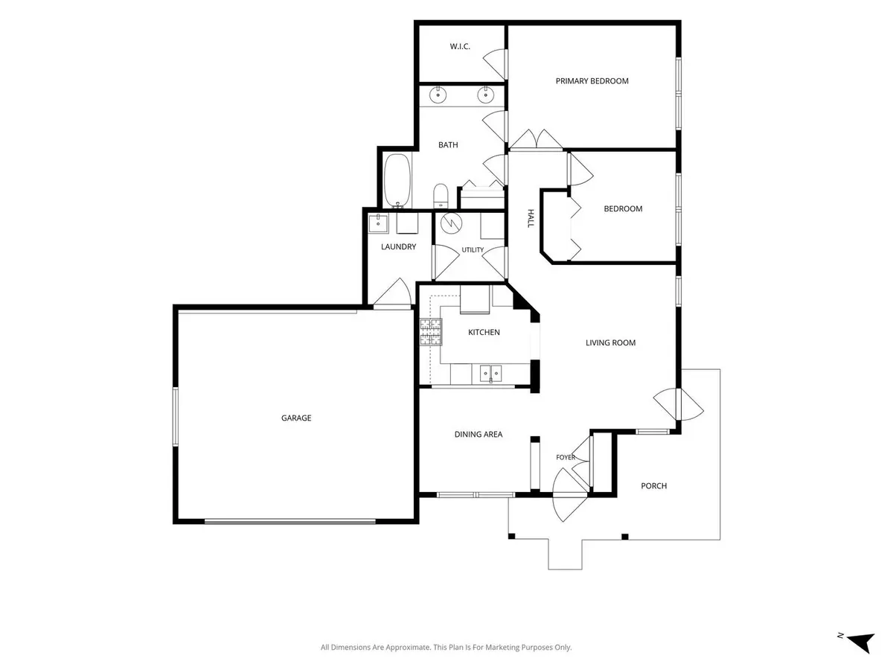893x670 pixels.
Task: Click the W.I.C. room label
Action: pyautogui.click(x=460, y=46)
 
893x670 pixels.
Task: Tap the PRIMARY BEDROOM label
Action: pyautogui.click(x=592, y=81)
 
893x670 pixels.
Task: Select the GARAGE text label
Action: pyautogui.click(x=296, y=418)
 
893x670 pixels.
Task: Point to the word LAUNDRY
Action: pyautogui.click(x=398, y=246)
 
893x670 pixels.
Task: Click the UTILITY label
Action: pyautogui.click(x=473, y=250)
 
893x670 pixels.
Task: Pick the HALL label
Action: pyautogui.click(x=531, y=218)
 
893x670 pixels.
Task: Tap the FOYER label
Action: pyautogui.click(x=566, y=457)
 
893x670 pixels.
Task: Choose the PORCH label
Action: pyautogui.click(x=654, y=485)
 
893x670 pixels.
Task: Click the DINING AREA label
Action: pyautogui.click(x=478, y=435)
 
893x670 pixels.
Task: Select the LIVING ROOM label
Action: pyautogui.click(x=611, y=343)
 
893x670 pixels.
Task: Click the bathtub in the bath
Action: pyautogui.click(x=397, y=180)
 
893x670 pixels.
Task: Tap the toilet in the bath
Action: pyautogui.click(x=441, y=196)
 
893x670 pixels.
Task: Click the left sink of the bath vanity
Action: pyautogui.click(x=438, y=95)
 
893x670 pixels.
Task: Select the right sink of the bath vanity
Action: pyautogui.click(x=485, y=95)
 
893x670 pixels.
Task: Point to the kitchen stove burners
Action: pyautogui.click(x=431, y=332)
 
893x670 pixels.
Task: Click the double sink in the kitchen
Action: pyautogui.click(x=491, y=373)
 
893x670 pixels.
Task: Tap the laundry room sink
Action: pyautogui.click(x=378, y=223)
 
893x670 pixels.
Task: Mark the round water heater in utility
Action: pyautogui.click(x=452, y=223)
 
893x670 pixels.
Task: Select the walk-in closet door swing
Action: pyautogui.click(x=493, y=63)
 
